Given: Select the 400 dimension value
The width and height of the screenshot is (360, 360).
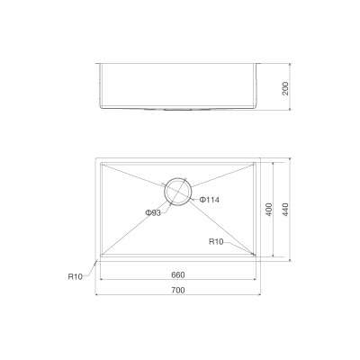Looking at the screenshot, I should tap(268, 208).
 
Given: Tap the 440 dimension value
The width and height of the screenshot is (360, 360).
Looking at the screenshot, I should tap(285, 208).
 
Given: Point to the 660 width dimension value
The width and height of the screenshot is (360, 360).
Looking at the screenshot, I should tap(177, 274).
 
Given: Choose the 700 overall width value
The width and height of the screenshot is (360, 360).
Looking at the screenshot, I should tap(177, 289).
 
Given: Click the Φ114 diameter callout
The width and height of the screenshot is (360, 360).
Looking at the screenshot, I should tap(211, 199).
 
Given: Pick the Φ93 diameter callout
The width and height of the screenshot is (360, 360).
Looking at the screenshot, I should tap(153, 212).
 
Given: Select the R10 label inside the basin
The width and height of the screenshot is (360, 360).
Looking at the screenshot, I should tap(216, 241).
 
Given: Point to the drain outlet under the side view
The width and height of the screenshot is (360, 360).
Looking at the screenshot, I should tap(177, 109).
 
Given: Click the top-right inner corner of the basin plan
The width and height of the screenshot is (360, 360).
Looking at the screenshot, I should tap(256, 164).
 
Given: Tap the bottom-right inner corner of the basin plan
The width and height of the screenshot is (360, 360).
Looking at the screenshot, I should tap(256, 256).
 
